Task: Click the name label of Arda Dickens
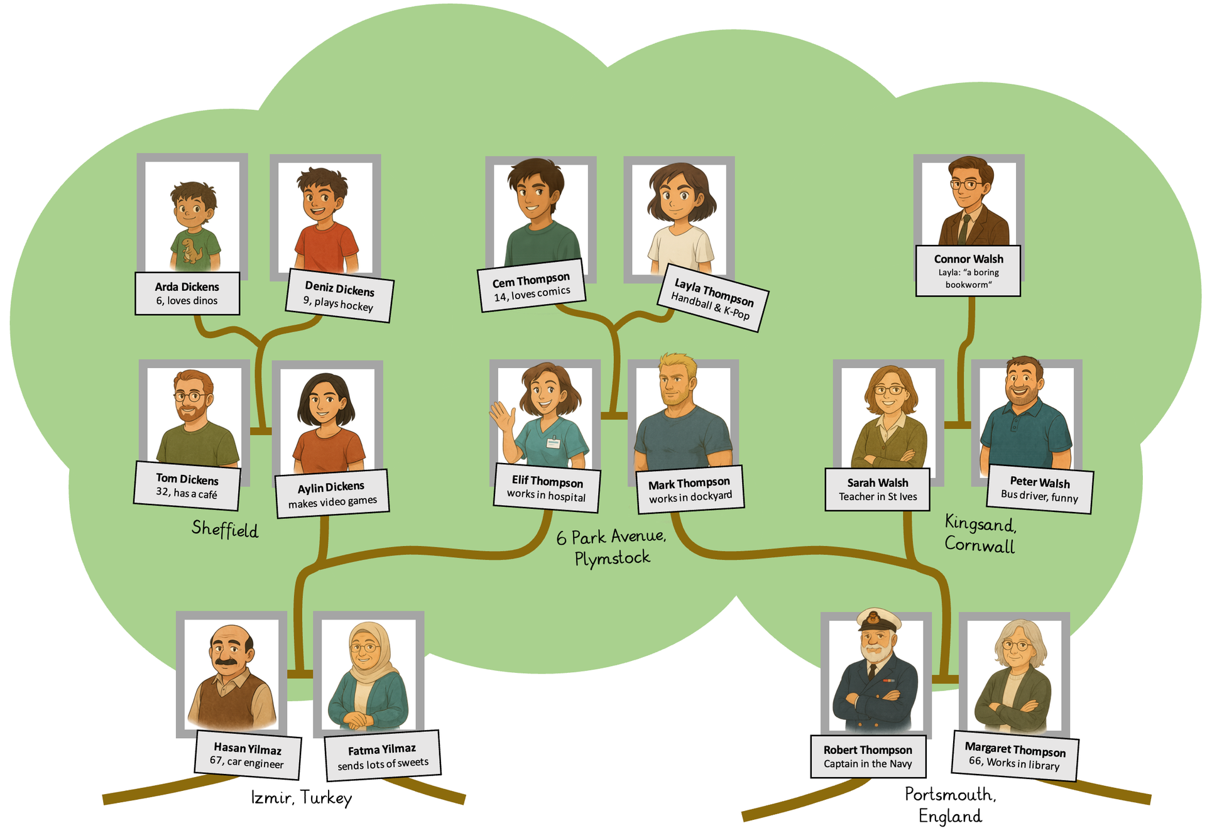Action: [187, 293]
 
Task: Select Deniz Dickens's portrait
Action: [325, 217]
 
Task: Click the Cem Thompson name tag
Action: [532, 286]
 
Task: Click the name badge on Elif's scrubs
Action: [553, 443]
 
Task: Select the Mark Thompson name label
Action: [689, 489]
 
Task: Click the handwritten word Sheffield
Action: [225, 529]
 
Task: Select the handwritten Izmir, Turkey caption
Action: [301, 798]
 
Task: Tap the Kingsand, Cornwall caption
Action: [980, 533]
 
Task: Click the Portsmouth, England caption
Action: [950, 805]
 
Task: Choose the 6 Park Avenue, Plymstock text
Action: [611, 547]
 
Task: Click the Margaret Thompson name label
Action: [1015, 756]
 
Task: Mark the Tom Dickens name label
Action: [187, 486]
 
